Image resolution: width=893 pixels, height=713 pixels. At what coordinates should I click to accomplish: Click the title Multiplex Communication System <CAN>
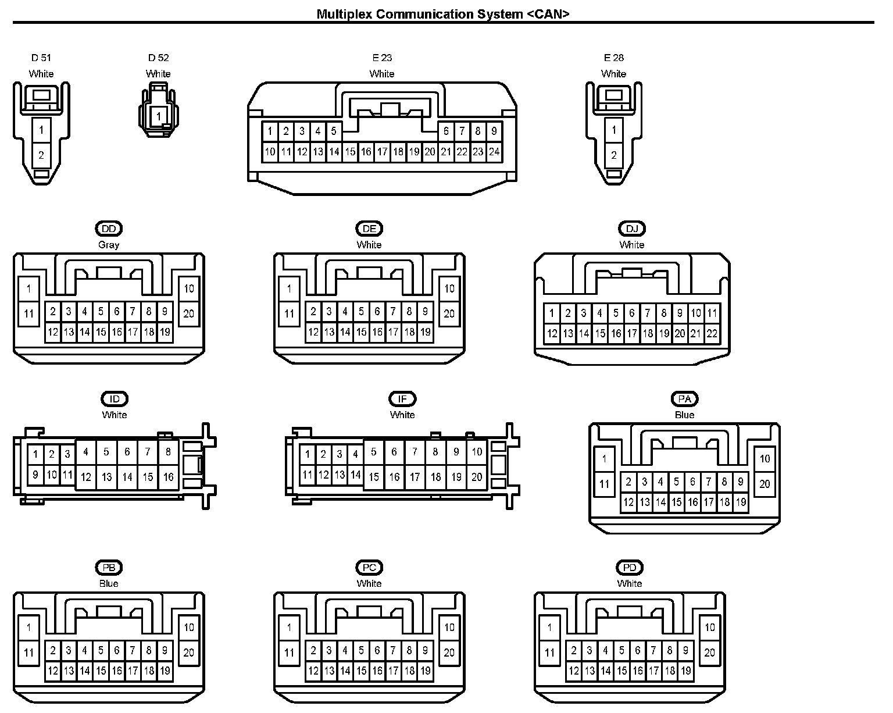click(442, 15)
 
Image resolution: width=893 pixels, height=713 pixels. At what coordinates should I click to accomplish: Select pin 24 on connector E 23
click(494, 152)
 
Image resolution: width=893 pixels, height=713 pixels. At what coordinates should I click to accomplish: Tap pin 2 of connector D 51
click(41, 155)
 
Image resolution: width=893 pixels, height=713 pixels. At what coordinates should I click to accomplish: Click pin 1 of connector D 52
click(158, 116)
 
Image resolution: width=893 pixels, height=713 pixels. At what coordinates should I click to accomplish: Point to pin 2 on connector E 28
click(614, 155)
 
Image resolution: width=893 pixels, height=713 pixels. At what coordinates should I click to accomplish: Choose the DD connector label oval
click(109, 229)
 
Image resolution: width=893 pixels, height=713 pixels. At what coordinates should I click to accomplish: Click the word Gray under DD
click(109, 245)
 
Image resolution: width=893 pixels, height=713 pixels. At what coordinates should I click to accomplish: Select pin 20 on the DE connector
click(449, 314)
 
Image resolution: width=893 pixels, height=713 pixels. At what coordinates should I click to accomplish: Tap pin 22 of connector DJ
click(712, 333)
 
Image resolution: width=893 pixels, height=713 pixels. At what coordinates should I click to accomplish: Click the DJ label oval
click(632, 229)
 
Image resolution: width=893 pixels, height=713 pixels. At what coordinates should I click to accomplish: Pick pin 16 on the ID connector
click(168, 477)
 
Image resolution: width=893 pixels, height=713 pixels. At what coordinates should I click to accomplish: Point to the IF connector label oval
click(402, 399)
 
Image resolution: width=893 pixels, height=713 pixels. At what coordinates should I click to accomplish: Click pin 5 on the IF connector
click(374, 452)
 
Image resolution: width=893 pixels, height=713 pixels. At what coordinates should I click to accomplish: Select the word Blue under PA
click(684, 415)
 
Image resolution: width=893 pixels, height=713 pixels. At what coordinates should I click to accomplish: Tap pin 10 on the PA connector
click(765, 459)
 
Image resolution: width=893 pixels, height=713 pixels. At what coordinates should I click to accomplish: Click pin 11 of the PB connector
click(29, 653)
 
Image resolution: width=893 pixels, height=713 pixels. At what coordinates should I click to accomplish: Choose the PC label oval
click(369, 568)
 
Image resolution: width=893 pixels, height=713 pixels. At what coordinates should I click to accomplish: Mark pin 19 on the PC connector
click(425, 671)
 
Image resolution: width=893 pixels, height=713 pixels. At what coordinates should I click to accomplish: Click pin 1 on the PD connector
click(549, 628)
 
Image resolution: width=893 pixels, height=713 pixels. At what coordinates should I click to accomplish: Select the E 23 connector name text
click(382, 58)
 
